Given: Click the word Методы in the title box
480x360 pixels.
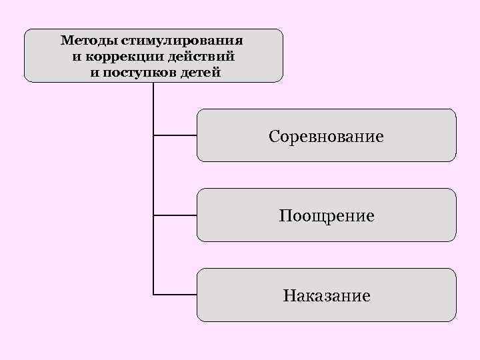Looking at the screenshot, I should point(89,41).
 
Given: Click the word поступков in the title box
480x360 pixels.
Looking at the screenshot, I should point(141,71).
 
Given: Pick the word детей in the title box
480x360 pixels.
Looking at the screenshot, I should point(200,71).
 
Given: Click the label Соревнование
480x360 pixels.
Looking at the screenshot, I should point(326,137).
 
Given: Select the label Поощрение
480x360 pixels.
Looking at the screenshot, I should point(326,217).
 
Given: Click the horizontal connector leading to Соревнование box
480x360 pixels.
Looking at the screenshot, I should point(175,135).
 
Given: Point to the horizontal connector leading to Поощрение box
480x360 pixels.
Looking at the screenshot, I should point(175,215).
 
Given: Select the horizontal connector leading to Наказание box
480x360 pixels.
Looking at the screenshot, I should point(175,294).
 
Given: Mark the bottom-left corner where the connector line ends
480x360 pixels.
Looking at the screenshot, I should point(153,294).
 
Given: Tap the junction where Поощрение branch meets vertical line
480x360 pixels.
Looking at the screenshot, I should point(153,215).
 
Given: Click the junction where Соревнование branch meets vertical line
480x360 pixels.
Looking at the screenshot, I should point(153,135).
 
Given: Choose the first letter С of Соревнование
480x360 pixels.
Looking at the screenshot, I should point(274,137).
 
